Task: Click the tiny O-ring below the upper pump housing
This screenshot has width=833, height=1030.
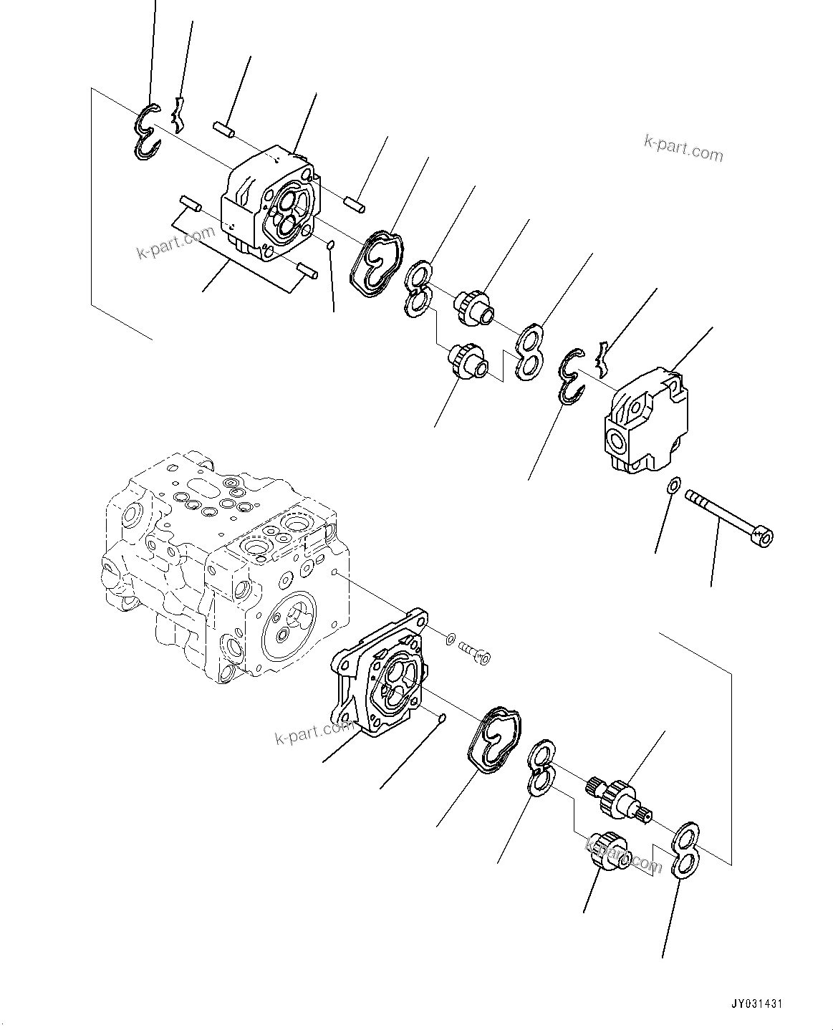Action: pos(330,246)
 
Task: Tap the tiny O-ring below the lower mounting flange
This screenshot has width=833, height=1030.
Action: pos(443,718)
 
